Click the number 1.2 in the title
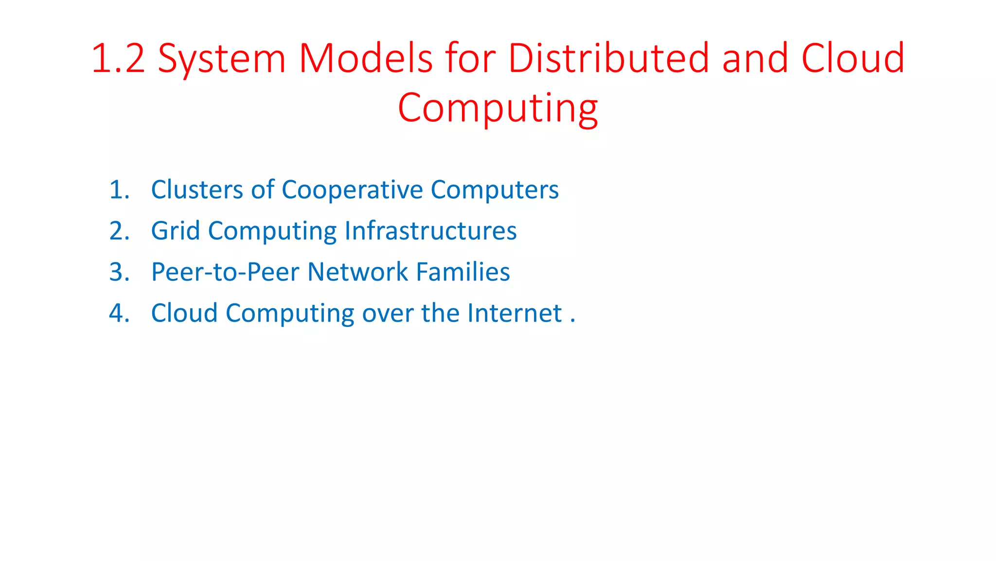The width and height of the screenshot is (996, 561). point(118,58)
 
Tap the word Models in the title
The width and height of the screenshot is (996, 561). point(365,58)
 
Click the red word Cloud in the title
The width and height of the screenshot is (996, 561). point(853,58)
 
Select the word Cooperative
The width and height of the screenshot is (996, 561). point(352,190)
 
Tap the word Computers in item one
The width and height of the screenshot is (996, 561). point(495,190)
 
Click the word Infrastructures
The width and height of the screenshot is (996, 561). point(430,231)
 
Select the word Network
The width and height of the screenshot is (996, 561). point(357,272)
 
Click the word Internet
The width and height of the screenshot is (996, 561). point(515,313)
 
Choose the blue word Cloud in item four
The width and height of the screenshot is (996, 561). point(184,313)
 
